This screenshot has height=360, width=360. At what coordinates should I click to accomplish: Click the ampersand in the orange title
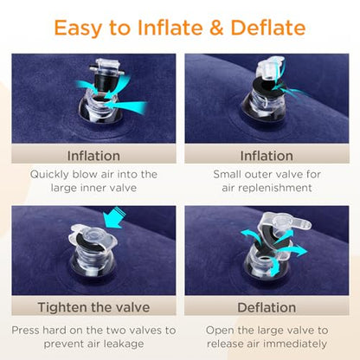tap(217, 28)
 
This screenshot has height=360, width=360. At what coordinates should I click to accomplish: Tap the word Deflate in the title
tap(268, 28)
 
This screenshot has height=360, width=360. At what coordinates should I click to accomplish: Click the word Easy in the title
tap(78, 29)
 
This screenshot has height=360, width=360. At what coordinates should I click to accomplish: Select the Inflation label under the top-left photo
tap(93, 156)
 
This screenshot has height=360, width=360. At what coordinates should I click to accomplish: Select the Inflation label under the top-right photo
tap(267, 156)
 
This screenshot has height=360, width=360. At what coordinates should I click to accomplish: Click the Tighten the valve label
tap(93, 307)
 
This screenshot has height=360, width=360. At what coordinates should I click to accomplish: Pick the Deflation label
tap(267, 307)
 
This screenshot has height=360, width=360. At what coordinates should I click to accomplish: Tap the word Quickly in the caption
tap(49, 175)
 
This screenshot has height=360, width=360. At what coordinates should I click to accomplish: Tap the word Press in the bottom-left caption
tap(25, 331)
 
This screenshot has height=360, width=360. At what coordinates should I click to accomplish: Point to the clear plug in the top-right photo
tap(269, 68)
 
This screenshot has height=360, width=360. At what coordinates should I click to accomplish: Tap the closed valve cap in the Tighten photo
tap(93, 237)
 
